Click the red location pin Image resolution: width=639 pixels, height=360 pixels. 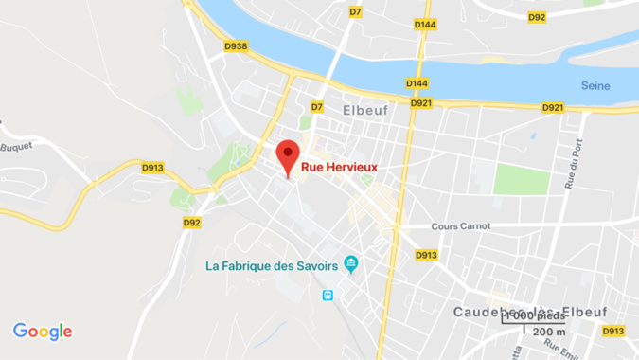coord(288,154)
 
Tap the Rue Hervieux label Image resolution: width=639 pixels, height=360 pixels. coord(339,167)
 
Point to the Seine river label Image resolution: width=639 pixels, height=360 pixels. coord(595,86)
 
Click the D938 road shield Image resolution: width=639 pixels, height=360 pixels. coord(236,45)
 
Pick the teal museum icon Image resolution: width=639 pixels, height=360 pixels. coord(352,263)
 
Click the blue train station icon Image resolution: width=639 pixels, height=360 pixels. coord(328,296)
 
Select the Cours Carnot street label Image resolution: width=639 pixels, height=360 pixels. coord(461,226)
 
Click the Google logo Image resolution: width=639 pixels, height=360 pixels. coord(43,331)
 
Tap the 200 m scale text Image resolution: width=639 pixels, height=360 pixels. coord(549,331)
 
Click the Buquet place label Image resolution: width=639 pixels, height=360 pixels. coord(16,147)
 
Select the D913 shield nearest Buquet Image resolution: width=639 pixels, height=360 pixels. coord(152,168)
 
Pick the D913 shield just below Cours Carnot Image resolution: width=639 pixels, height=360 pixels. coord(426,255)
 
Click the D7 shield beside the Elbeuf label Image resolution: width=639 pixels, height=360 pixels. coord(317,107)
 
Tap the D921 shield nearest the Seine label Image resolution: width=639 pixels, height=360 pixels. coord(553,107)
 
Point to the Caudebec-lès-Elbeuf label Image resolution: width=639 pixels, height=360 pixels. coord(530,311)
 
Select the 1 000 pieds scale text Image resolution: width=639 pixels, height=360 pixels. coord(536,315)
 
